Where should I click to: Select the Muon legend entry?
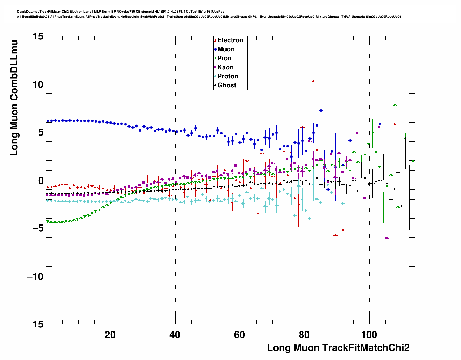coord(226,49)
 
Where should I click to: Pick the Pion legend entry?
coord(224,58)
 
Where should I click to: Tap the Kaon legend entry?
coord(225,67)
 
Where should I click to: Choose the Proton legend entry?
coord(228,76)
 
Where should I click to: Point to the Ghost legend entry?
coord(227,85)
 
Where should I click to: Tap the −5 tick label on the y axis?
coord(35,228)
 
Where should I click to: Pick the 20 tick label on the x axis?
coord(110,335)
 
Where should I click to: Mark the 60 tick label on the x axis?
coord(240,335)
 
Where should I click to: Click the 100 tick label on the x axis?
coord(369,335)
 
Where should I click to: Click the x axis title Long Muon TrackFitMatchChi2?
coord(338,348)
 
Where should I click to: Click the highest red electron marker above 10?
coord(313,81)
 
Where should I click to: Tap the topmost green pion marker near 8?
coord(395,105)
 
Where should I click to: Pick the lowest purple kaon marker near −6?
coord(387,238)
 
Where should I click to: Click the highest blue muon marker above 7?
coord(321,110)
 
